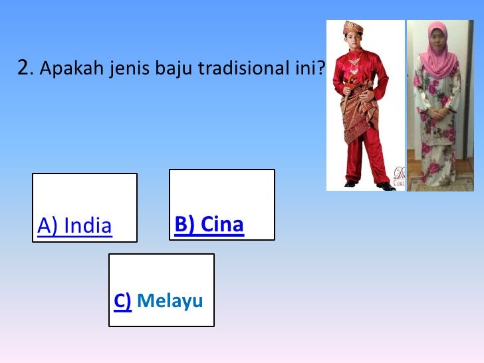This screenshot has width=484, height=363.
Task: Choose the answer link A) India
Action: pyautogui.click(x=74, y=227)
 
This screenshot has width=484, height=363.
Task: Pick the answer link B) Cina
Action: pyautogui.click(x=209, y=225)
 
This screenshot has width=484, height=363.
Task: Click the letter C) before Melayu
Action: pyautogui.click(x=122, y=302)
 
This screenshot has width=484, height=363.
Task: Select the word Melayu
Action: pyautogui.click(x=170, y=302)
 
